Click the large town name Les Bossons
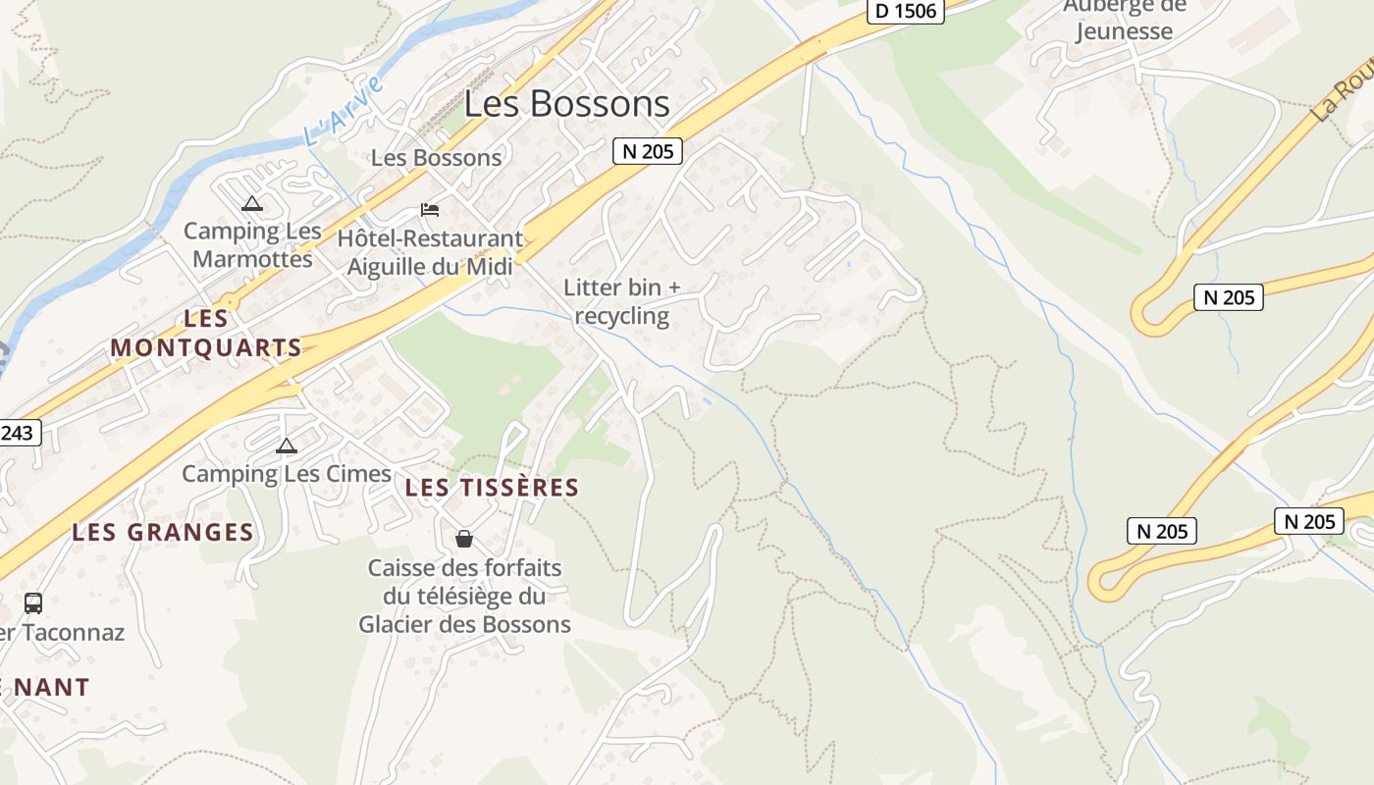click(x=566, y=104)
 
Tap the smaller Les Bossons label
click(x=436, y=158)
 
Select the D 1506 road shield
click(x=906, y=12)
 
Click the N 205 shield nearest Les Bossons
click(x=647, y=151)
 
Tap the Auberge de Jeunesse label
click(x=1124, y=20)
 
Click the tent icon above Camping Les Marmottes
click(x=252, y=204)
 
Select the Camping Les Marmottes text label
click(x=252, y=245)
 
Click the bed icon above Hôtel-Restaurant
click(x=429, y=209)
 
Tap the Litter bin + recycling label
click(x=621, y=301)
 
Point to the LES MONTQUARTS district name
click(x=206, y=333)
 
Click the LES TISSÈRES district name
click(x=492, y=488)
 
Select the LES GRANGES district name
click(x=163, y=533)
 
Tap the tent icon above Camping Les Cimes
click(x=286, y=446)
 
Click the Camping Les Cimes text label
click(x=287, y=474)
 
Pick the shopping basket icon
click(x=464, y=539)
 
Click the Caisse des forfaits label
click(x=464, y=596)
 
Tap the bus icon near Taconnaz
click(x=33, y=602)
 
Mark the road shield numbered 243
click(x=20, y=433)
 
